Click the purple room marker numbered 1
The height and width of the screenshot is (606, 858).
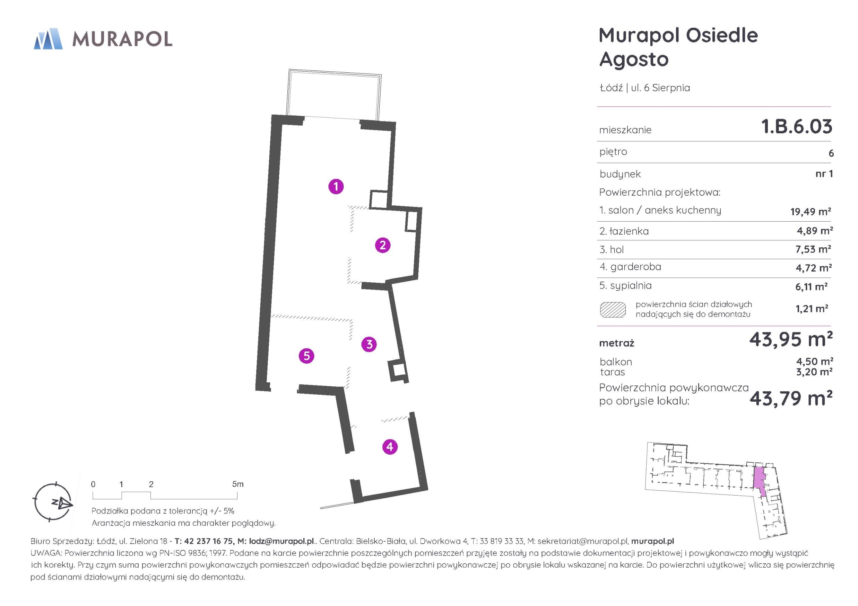tap(336, 186)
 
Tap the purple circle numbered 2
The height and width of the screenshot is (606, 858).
tap(383, 245)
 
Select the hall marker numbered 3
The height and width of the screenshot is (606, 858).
tap(369, 344)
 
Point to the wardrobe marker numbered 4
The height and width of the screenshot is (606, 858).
tap(390, 447)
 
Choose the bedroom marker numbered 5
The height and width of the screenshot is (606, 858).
tap(306, 356)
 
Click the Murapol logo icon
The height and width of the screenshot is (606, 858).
tap(48, 39)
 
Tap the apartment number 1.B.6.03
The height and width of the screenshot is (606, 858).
tap(797, 127)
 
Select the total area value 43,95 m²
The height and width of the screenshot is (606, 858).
tap(791, 340)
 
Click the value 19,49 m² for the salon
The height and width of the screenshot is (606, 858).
tap(811, 211)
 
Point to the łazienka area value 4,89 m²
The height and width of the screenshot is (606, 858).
tap(815, 231)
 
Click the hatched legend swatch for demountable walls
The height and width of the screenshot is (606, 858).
tap(613, 310)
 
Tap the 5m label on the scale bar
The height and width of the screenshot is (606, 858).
tap(238, 484)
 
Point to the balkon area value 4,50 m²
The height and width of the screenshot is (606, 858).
tap(815, 362)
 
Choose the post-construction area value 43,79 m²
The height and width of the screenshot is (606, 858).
tap(791, 398)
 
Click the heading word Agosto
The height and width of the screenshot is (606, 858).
tap(634, 59)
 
